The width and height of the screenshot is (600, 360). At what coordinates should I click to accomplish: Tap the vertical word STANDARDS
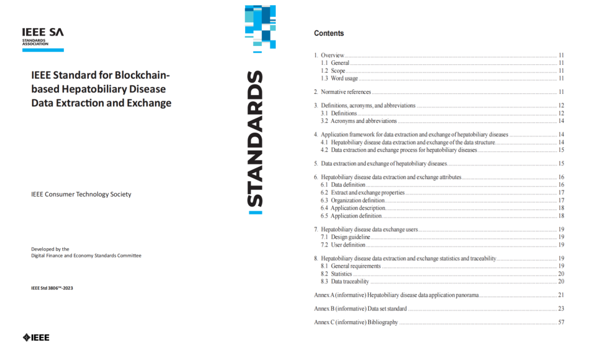[x=255, y=139]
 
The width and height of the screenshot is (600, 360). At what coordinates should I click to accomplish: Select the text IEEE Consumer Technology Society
[x=81, y=194]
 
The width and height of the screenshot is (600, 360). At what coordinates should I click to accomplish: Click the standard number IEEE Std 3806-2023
[x=52, y=288]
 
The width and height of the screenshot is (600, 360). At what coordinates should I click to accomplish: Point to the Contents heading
[x=329, y=33]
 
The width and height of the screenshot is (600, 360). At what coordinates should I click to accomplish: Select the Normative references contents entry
[x=345, y=92]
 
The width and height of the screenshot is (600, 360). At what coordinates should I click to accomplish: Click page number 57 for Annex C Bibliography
[x=561, y=322]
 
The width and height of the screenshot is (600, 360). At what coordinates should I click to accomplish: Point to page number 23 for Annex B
[x=561, y=308]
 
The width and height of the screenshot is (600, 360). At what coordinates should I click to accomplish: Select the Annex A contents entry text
[x=396, y=295]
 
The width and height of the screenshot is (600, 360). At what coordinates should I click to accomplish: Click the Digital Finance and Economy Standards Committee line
[x=86, y=255]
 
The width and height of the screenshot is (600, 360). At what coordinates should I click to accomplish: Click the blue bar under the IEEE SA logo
[x=43, y=50]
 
